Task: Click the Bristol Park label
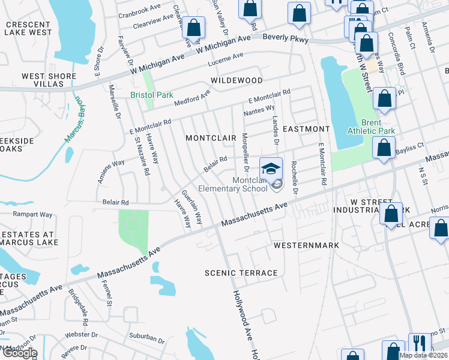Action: pos(152,95)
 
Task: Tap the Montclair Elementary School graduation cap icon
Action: pos(271,167)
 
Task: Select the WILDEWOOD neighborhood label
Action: pos(237,80)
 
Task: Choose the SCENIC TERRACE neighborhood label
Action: pos(241,273)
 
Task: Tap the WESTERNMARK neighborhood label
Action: pos(306,245)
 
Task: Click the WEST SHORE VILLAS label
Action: pos(43,80)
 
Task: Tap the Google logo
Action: pos(19,353)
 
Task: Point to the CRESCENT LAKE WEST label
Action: pos(28,28)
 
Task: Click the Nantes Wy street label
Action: pos(259,112)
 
